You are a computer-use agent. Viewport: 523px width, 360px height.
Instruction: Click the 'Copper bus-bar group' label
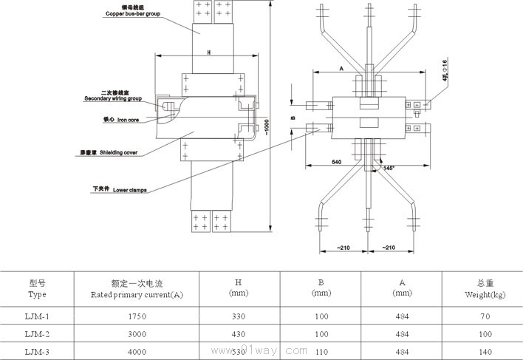132,13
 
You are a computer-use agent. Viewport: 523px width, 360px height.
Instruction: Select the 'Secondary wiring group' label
112,98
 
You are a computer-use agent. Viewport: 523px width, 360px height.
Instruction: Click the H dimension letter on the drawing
209,52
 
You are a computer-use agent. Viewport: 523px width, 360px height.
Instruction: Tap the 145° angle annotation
389,168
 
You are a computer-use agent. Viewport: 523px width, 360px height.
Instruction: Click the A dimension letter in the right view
342,67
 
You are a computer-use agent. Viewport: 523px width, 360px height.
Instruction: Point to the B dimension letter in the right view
293,118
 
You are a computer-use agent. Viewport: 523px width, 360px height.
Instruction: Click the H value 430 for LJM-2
238,335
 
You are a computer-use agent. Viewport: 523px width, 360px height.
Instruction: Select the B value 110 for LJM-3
321,353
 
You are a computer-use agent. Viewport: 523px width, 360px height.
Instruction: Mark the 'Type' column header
38,294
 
